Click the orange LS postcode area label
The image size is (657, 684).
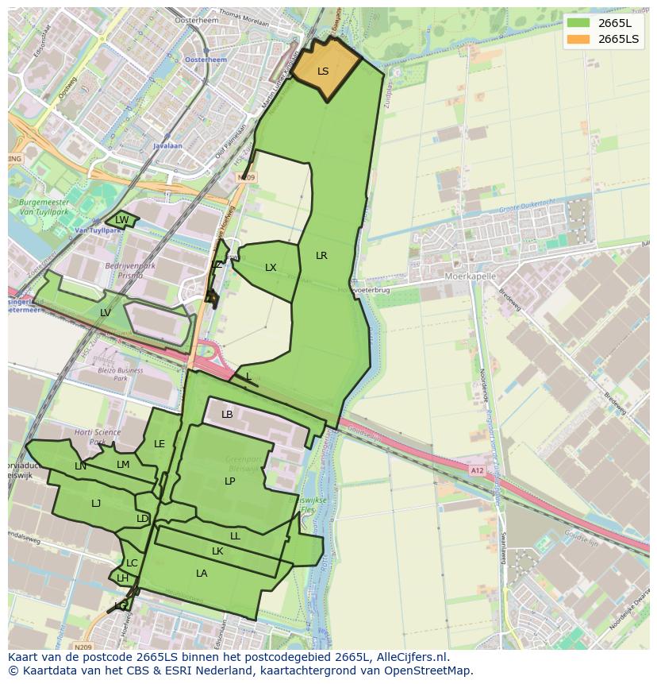[323, 71]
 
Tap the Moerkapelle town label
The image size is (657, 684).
[471, 276]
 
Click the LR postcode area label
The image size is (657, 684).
[321, 256]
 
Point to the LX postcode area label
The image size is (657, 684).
[271, 268]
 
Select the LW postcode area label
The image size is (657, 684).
[121, 220]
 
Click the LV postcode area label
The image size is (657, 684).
[106, 313]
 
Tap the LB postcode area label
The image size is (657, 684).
[227, 415]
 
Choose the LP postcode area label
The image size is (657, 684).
[229, 481]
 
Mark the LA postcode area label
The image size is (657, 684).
[202, 574]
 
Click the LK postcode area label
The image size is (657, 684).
[217, 551]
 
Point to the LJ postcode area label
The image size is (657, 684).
[96, 504]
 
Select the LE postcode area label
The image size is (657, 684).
[159, 444]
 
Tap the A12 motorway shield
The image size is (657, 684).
[476, 470]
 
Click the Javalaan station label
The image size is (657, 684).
[167, 146]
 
